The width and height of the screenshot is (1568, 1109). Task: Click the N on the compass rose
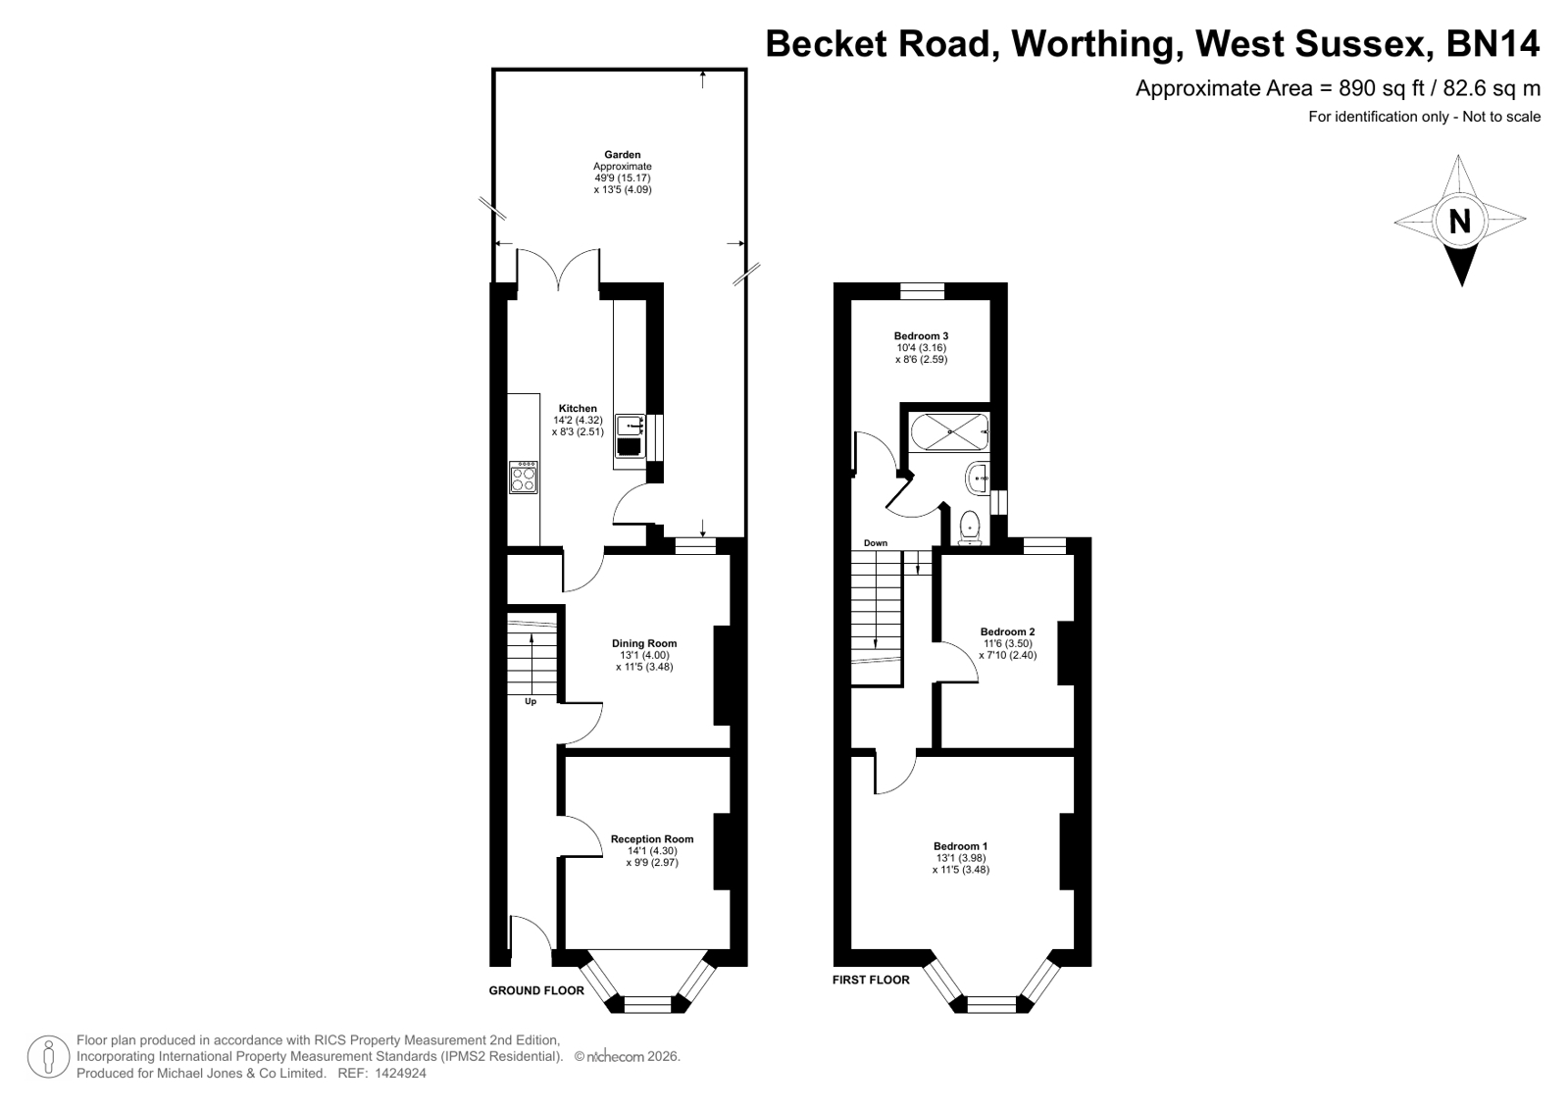point(1459,222)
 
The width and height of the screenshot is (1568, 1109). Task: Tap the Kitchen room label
point(578,408)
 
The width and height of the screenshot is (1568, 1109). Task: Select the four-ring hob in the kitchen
point(524,477)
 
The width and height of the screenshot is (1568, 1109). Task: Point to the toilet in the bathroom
point(970,527)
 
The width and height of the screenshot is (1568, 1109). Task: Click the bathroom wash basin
point(977,479)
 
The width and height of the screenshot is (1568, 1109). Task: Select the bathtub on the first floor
point(948,432)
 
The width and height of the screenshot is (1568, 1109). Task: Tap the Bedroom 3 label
point(921,336)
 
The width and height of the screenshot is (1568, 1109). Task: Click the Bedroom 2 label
point(1007,631)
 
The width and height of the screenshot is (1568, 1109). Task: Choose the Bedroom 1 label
point(960,846)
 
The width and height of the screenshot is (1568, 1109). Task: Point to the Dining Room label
point(644,643)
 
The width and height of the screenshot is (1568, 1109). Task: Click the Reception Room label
point(652,838)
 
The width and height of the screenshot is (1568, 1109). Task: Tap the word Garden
point(623,155)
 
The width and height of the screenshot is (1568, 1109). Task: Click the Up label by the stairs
point(531,701)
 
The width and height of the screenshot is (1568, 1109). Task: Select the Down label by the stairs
point(876,542)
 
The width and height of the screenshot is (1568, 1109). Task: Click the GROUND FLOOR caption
point(536,990)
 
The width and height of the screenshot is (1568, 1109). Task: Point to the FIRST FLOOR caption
point(871,980)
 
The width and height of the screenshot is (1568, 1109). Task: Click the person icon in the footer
point(48,1056)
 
